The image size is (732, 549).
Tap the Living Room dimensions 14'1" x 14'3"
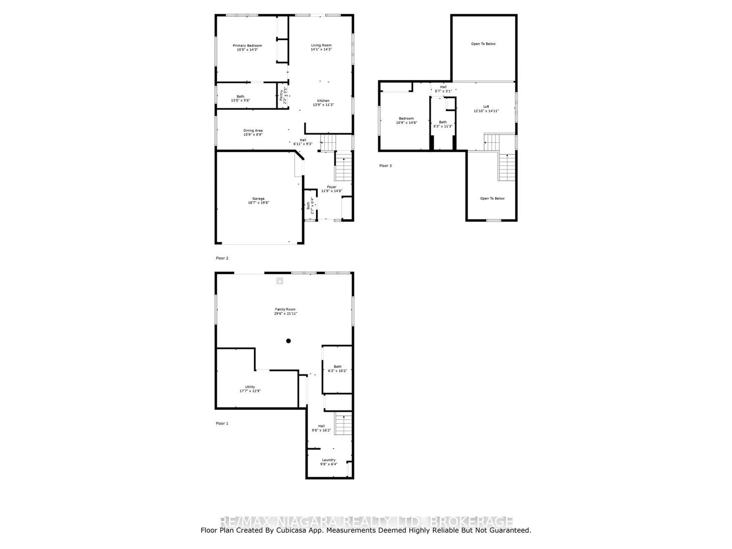click(321, 49)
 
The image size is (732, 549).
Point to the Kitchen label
click(323, 101)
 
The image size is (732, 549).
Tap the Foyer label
click(331, 187)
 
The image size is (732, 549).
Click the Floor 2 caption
click(222, 258)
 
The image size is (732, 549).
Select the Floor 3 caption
click(385, 166)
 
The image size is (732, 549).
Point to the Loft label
click(486, 107)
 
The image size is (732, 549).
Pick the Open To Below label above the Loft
click(483, 44)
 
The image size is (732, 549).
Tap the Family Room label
click(285, 309)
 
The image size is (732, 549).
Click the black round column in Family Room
click(288, 341)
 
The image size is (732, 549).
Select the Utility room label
click(250, 387)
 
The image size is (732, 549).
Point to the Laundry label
click(329, 460)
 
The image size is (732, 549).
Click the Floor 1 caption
click(222, 423)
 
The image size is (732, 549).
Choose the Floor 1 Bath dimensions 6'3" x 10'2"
click(337, 371)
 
